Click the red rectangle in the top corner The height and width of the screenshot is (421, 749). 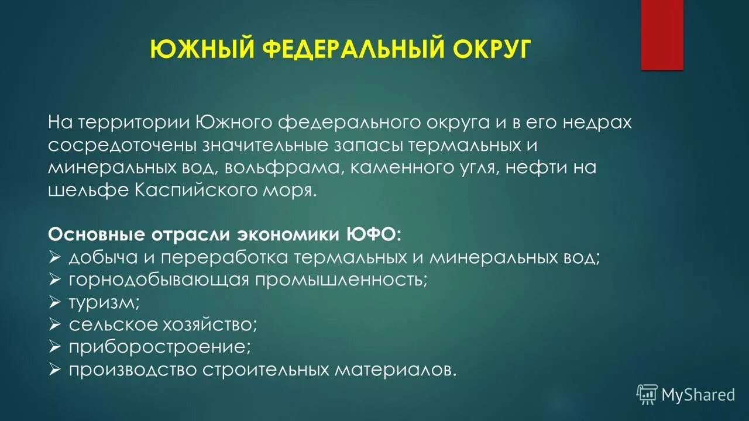[x=662, y=35]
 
